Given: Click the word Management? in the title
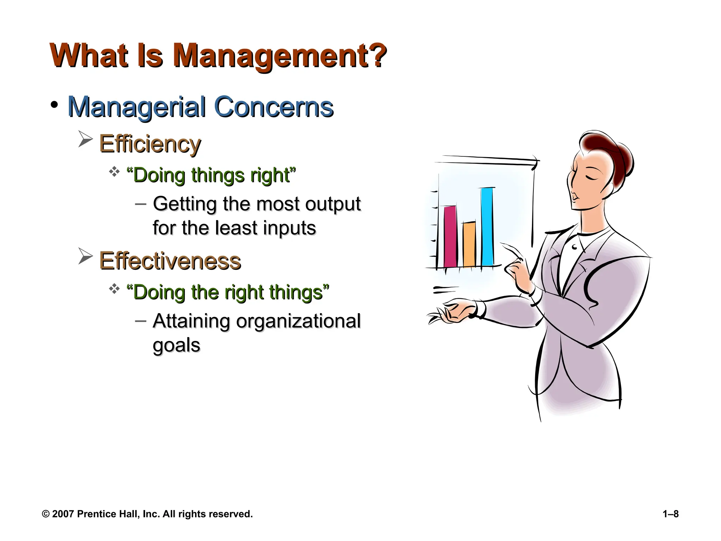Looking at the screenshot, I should [279, 56].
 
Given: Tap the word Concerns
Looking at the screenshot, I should [274, 107].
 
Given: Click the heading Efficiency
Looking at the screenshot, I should [150, 144].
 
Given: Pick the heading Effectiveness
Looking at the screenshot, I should [170, 261].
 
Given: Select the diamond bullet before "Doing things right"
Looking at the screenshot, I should [114, 172].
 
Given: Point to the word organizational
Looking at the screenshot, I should [298, 321].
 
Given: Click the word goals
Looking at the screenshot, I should [176, 345].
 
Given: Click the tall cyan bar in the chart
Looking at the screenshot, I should [487, 227].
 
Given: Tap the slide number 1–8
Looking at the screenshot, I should [670, 514].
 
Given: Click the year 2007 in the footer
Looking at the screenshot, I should [63, 514].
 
